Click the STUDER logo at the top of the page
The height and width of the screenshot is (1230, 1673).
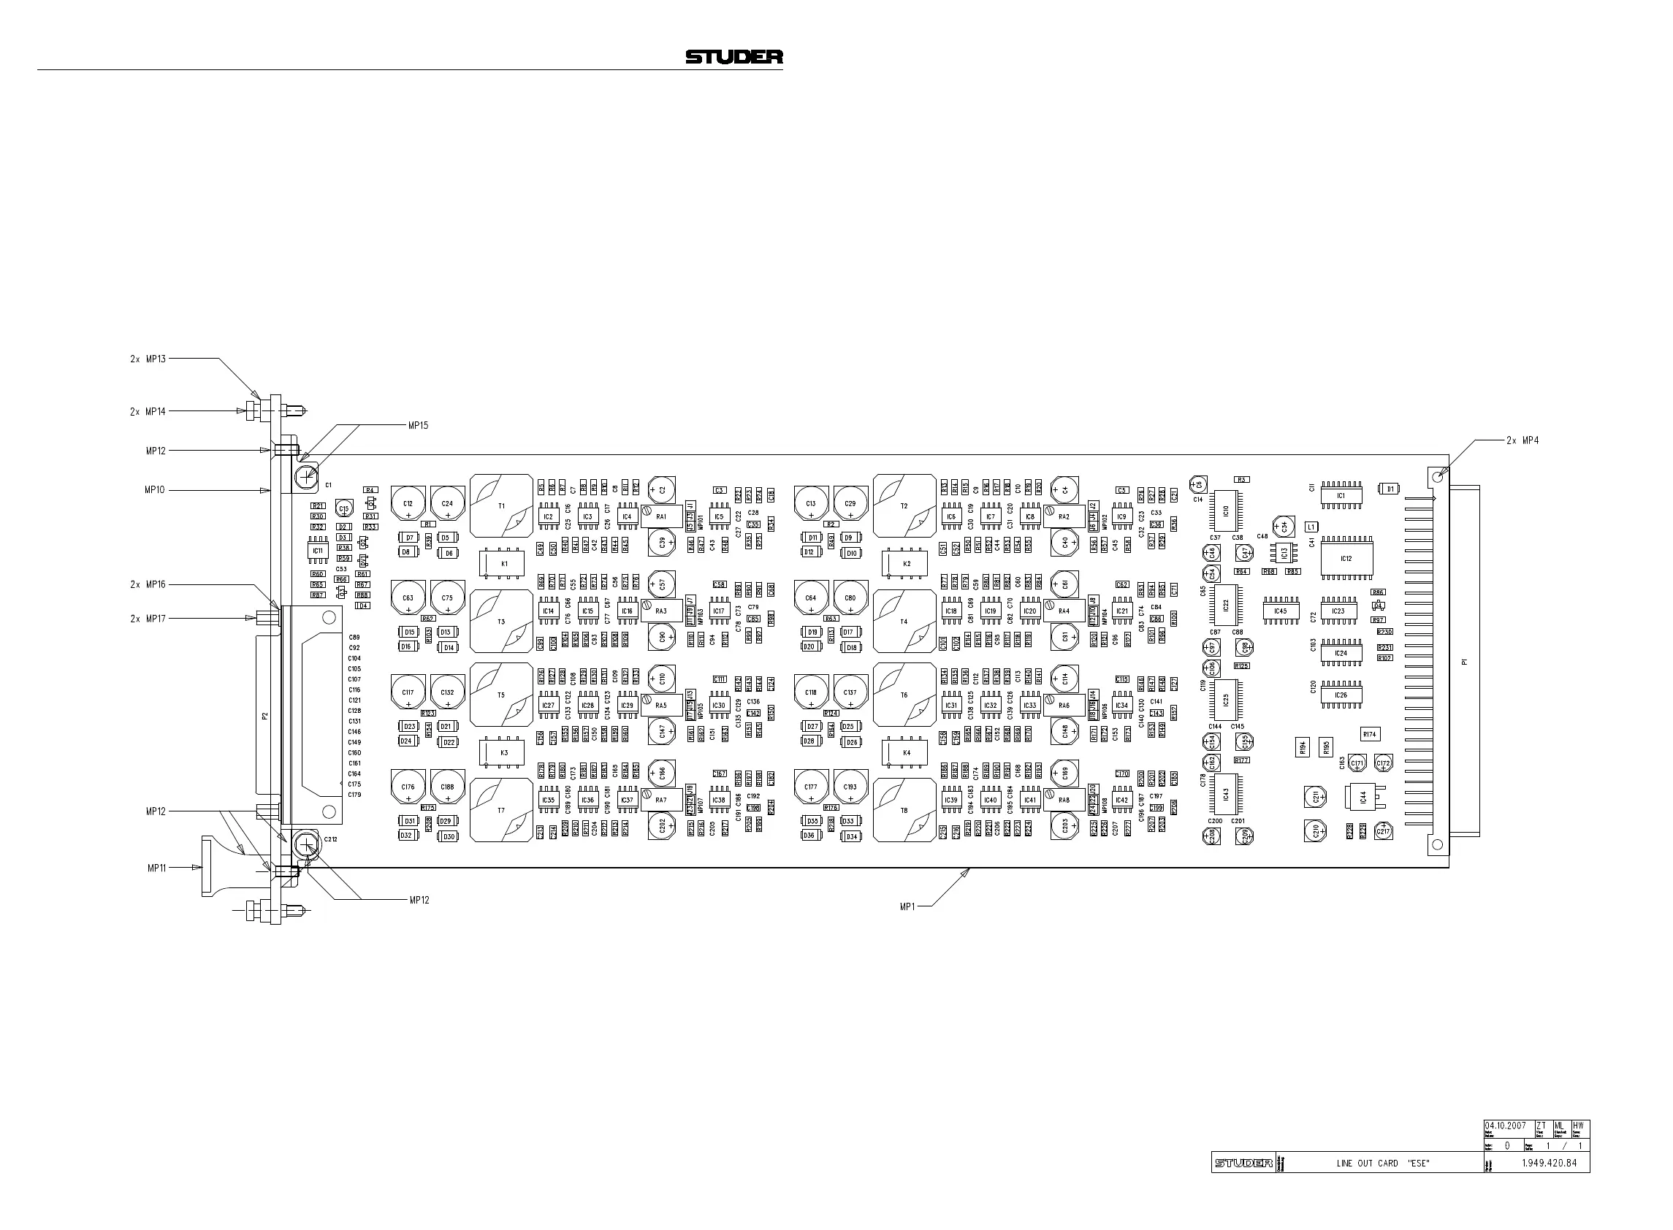733,56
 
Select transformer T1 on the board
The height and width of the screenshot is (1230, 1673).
502,505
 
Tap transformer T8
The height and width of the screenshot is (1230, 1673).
904,810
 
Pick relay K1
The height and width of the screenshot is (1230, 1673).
504,563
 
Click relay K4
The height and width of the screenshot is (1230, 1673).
906,752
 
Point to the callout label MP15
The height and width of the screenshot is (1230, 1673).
418,425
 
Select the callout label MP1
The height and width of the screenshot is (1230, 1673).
907,906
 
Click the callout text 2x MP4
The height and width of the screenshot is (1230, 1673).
1522,440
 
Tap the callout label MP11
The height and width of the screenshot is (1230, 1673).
156,868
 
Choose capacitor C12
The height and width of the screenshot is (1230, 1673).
408,504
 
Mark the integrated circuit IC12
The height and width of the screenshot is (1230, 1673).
1346,558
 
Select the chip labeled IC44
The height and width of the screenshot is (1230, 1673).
1362,797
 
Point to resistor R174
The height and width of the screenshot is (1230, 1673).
1369,734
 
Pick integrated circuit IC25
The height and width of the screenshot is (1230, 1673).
1225,700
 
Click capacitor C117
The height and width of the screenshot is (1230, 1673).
408,692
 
